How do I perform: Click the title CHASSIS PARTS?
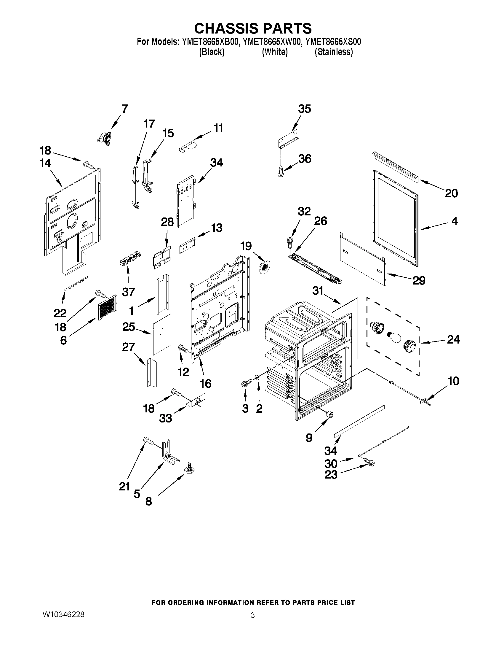pyautogui.click(x=253, y=28)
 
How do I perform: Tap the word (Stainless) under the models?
pyautogui.click(x=334, y=52)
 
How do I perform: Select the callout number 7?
pyautogui.click(x=124, y=109)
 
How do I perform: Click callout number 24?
pyautogui.click(x=453, y=339)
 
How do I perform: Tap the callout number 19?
pyautogui.click(x=246, y=246)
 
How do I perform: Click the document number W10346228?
pyautogui.click(x=64, y=614)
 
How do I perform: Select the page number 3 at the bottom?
pyautogui.click(x=253, y=615)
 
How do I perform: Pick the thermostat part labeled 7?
pyautogui.click(x=104, y=138)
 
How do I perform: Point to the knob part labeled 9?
pyautogui.click(x=330, y=414)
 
